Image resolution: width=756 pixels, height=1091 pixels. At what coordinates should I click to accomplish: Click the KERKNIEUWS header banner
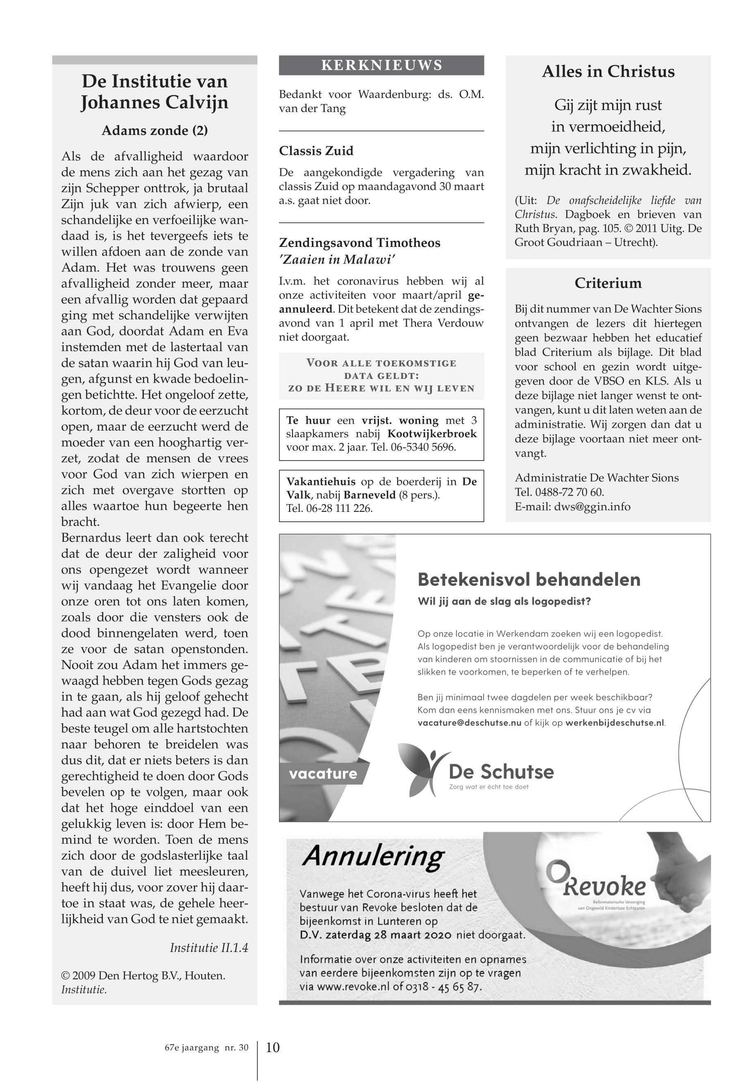coord(381,66)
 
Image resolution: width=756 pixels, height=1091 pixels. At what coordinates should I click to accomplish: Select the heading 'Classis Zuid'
coord(316,151)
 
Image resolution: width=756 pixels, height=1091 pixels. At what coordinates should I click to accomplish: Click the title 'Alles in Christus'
coord(608,72)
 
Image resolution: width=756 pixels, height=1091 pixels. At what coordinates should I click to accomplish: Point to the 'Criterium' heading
coord(608,283)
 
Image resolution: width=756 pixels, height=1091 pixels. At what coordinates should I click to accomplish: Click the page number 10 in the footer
coord(273,1048)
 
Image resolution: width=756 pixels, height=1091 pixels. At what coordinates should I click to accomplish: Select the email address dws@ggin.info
coord(592,507)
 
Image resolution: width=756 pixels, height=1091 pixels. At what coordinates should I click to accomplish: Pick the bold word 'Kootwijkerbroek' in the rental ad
coord(432,434)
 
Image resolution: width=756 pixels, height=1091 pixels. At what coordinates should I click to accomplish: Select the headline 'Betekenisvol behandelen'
coord(529,580)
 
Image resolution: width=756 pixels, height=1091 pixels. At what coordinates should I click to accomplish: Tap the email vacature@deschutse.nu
coord(470,723)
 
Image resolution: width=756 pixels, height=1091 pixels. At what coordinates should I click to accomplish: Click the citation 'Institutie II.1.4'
coord(209,948)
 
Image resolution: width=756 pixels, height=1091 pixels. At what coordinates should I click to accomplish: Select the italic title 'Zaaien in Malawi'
coord(337,259)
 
